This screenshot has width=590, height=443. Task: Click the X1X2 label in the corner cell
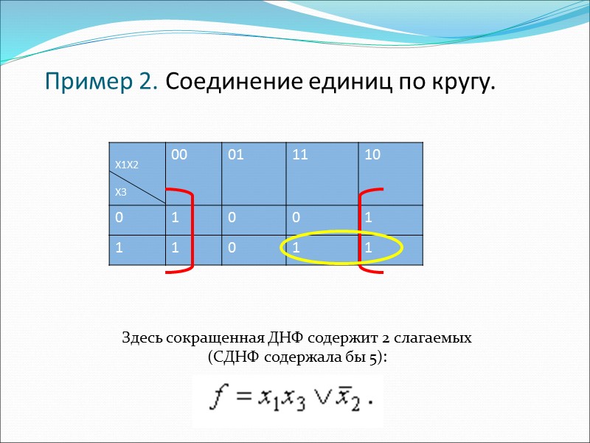tap(126, 165)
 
